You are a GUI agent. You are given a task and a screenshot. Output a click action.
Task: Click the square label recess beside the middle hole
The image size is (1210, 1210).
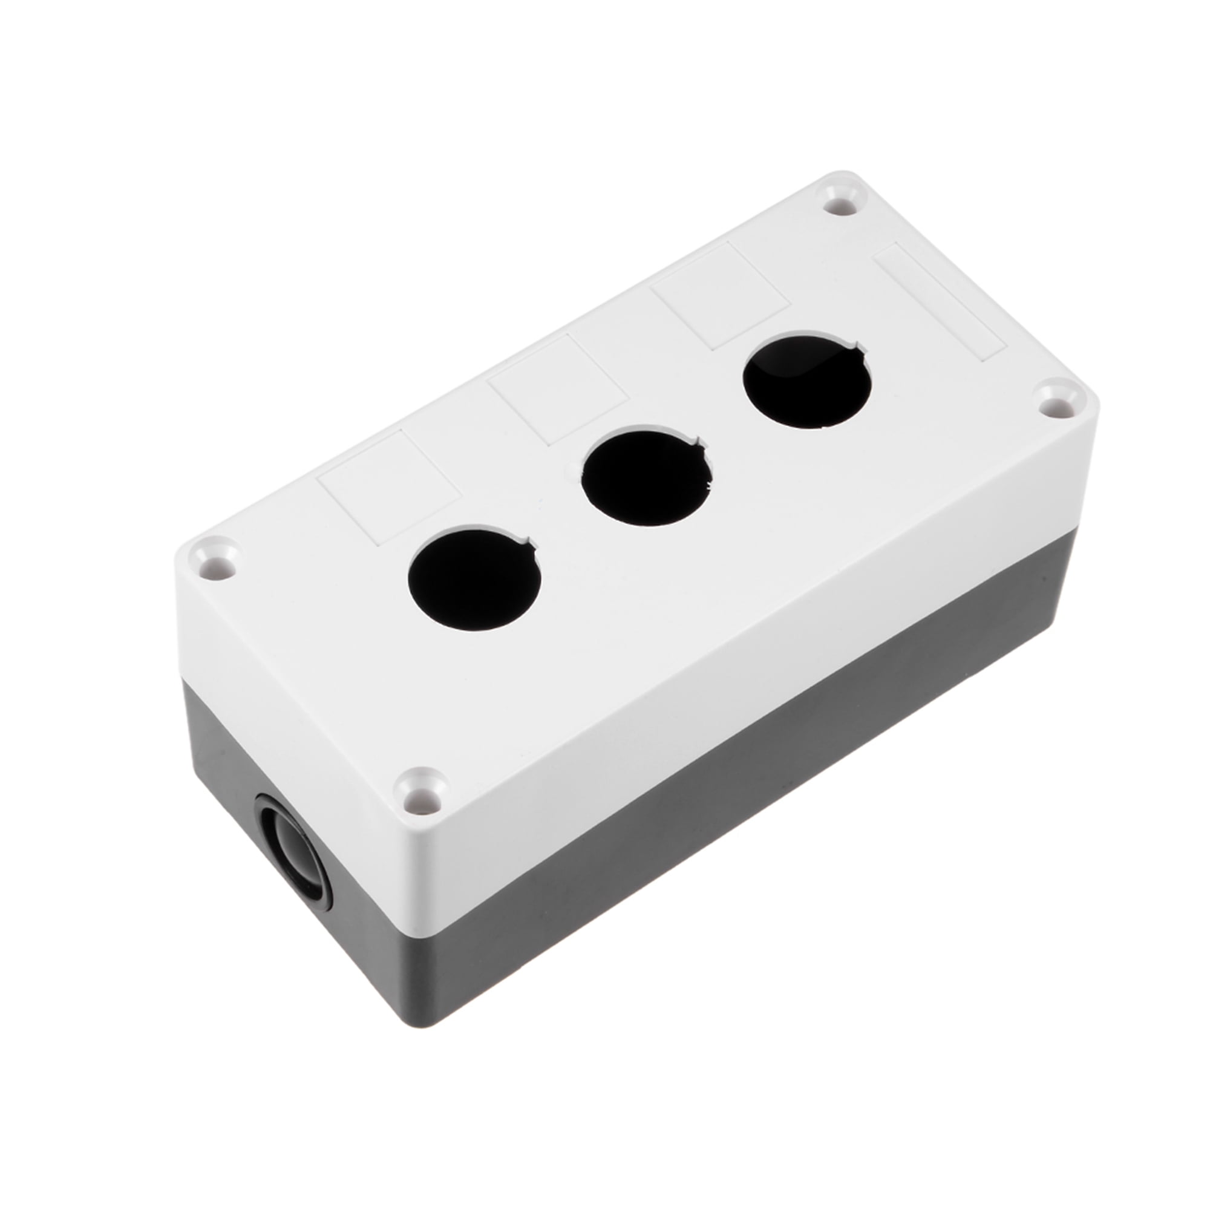coord(559,388)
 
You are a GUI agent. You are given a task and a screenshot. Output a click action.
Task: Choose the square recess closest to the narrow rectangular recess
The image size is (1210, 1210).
coord(720,295)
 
